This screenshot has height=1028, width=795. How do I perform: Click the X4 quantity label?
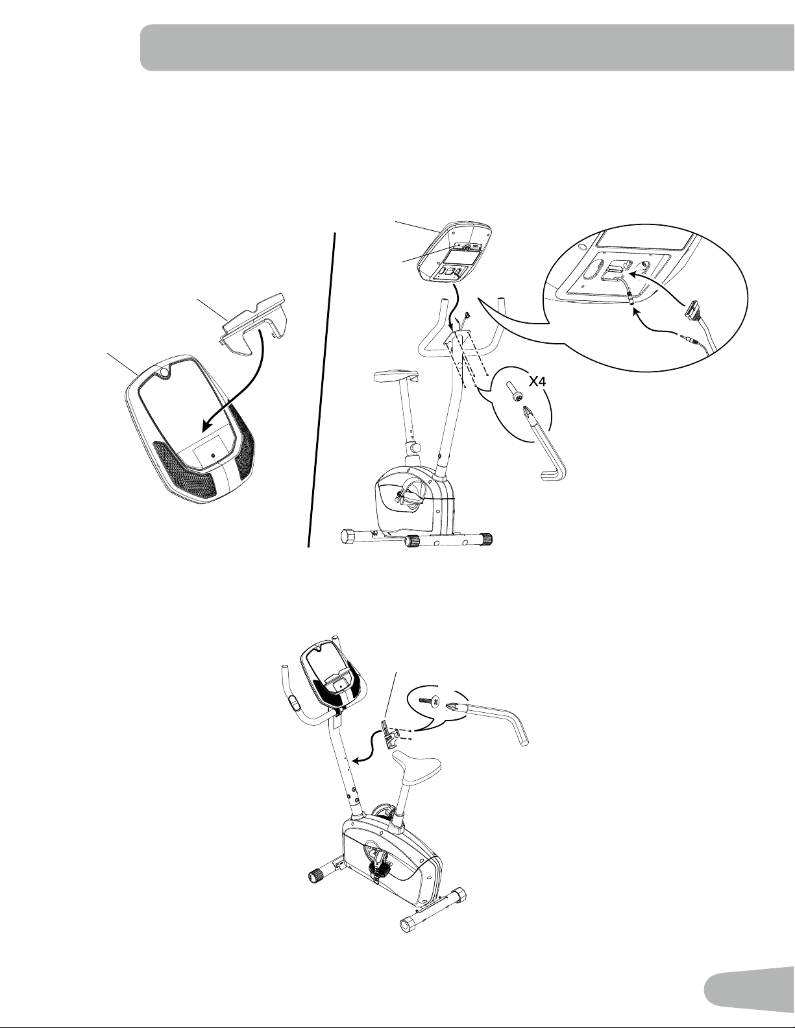tap(537, 382)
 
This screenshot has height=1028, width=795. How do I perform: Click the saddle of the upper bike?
tap(396, 376)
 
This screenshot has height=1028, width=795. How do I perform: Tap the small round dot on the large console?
tap(212, 455)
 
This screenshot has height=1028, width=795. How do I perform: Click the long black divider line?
tap(323, 390)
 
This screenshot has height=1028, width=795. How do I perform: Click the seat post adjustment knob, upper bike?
tap(416, 447)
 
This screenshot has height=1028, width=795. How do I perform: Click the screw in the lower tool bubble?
tap(428, 702)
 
